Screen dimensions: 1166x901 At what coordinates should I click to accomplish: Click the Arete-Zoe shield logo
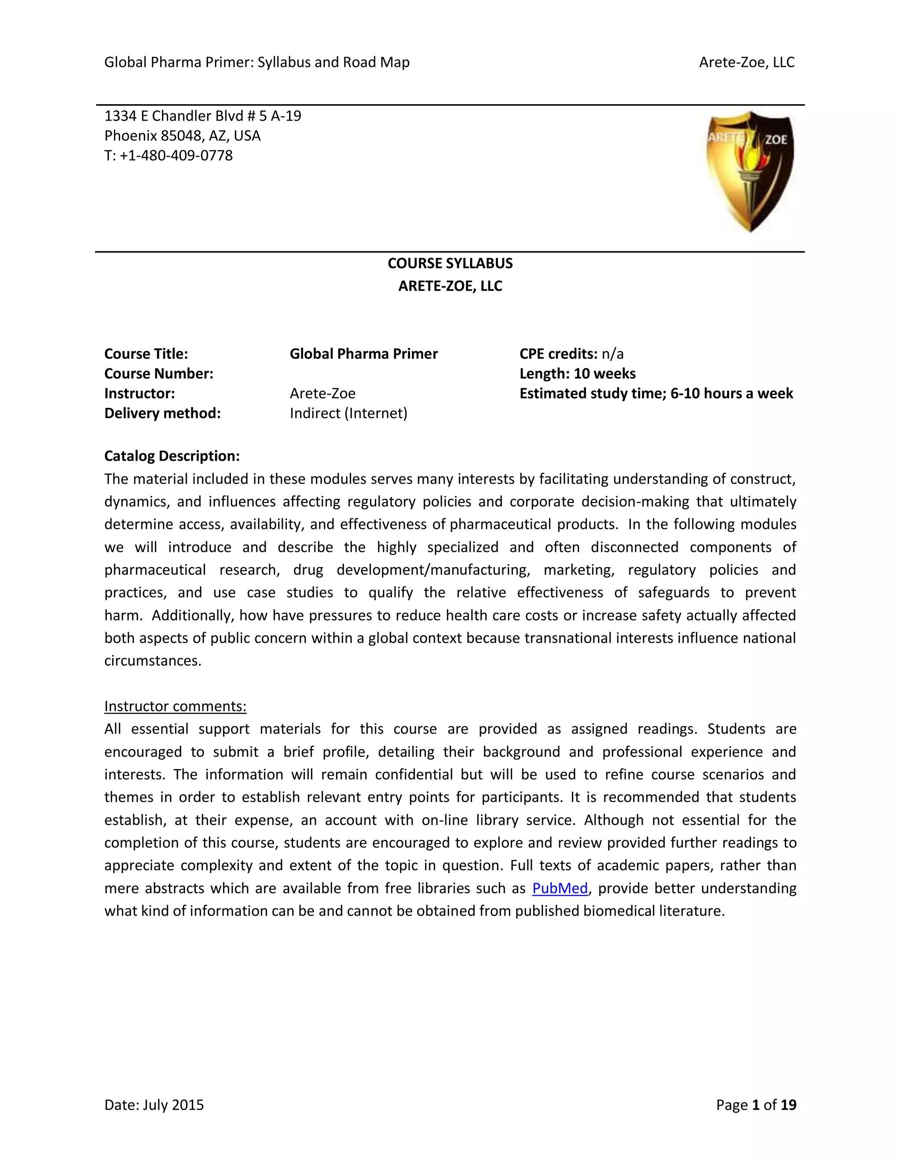[x=750, y=171]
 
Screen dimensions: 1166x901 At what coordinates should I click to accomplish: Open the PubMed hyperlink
[x=560, y=888]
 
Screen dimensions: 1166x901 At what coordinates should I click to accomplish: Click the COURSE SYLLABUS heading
[x=450, y=263]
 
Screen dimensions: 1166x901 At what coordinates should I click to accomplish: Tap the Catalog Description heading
[x=172, y=456]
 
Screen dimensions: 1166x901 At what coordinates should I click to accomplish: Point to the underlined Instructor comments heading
[x=175, y=706]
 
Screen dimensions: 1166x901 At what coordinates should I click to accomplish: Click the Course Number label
[x=158, y=374]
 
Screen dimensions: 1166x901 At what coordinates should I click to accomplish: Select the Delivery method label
[x=162, y=413]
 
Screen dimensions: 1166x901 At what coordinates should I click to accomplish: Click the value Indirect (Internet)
[x=348, y=413]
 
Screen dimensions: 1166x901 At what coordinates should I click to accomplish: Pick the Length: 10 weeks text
[x=578, y=374]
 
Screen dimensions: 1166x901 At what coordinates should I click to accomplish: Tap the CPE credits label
[x=558, y=354]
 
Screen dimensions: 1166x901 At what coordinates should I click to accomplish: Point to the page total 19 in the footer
[x=788, y=1104]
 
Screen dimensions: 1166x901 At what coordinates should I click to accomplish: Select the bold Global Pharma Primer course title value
[x=363, y=354]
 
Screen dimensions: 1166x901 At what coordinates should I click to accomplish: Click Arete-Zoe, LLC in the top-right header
[x=746, y=62]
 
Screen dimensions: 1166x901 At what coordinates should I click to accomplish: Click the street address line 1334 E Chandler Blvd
[x=202, y=116]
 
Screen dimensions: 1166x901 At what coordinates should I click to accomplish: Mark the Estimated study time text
[x=656, y=393]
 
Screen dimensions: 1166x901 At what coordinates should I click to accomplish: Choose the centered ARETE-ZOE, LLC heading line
[x=450, y=286]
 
